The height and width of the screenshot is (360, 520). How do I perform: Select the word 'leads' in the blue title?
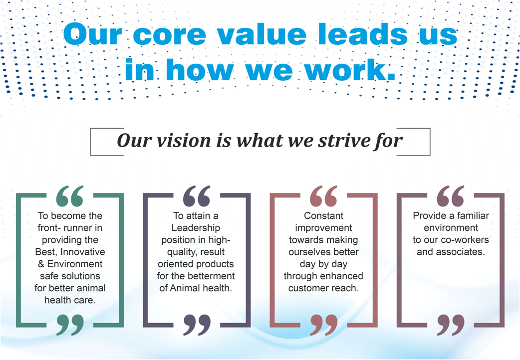coord(362,33)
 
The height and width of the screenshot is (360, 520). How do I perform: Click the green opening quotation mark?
coord(70,196)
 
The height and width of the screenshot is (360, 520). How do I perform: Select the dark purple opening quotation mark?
coord(197,196)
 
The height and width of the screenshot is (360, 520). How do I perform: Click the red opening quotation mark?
coord(324,196)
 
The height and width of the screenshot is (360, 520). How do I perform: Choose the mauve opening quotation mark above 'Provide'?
coord(451,196)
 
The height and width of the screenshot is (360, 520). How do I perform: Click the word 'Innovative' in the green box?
coord(83,252)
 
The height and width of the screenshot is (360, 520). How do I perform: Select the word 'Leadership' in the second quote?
coord(196,228)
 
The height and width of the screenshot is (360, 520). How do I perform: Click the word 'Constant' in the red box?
coord(324,216)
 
